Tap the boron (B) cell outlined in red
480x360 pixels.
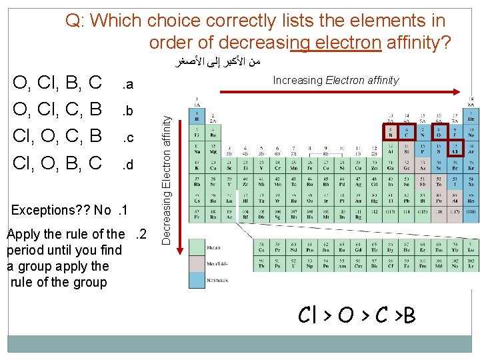coord(390,133)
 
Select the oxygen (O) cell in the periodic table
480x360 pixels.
coord(439,133)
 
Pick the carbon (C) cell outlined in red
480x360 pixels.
coord(407,133)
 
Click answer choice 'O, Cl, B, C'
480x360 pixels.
coord(58,83)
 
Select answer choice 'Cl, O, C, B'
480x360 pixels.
coord(58,136)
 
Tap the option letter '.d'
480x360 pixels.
coord(127,164)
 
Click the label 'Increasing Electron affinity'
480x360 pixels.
coord(335,80)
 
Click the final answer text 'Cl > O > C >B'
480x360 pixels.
coord(357,315)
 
